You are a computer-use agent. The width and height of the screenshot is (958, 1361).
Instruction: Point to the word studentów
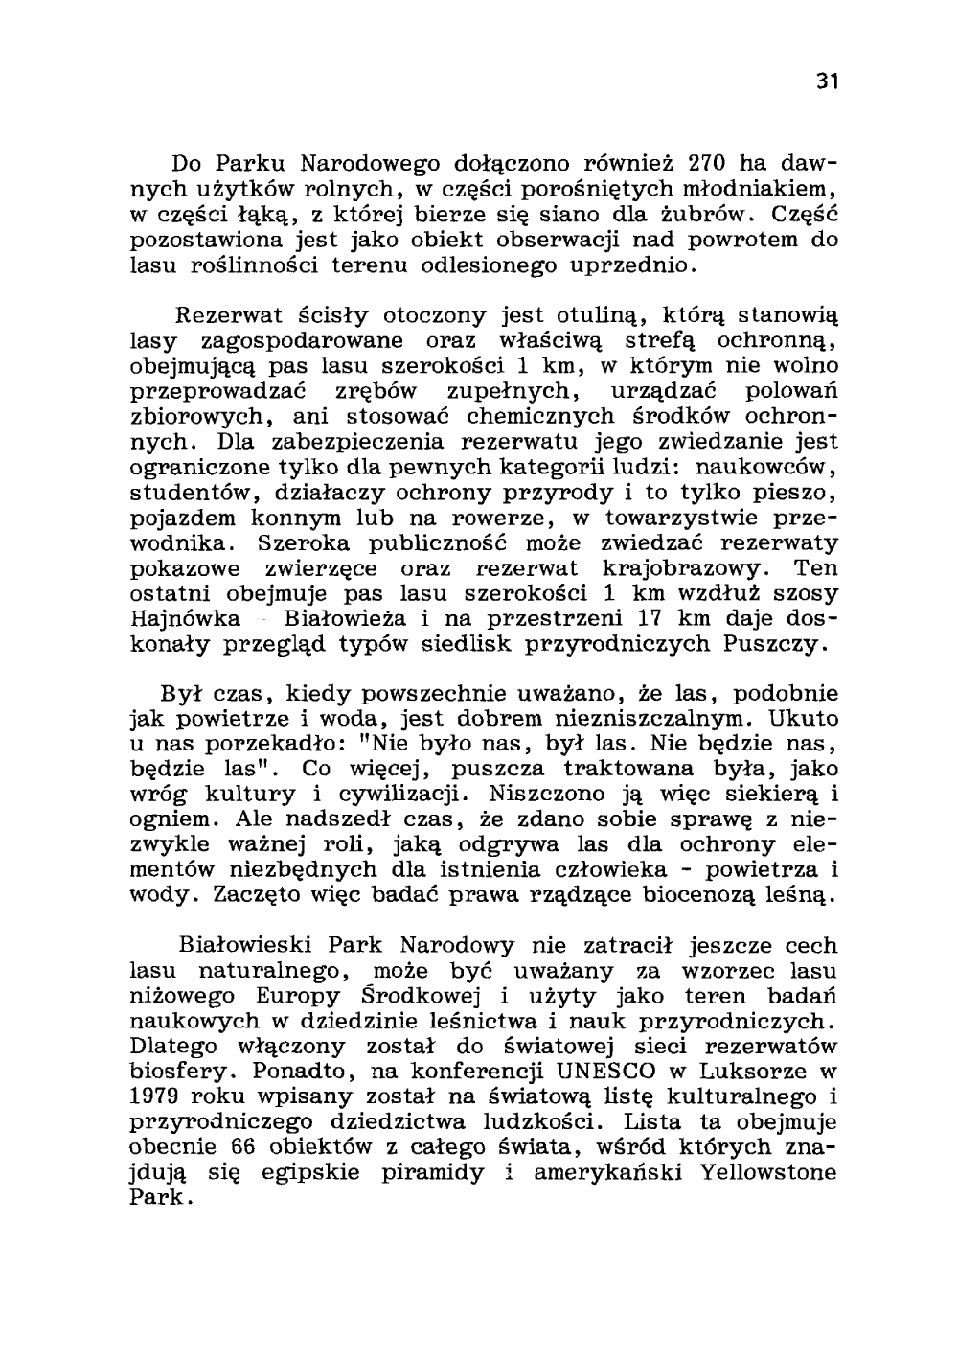(179, 494)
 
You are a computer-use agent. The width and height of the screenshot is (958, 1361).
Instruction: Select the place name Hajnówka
(185, 619)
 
